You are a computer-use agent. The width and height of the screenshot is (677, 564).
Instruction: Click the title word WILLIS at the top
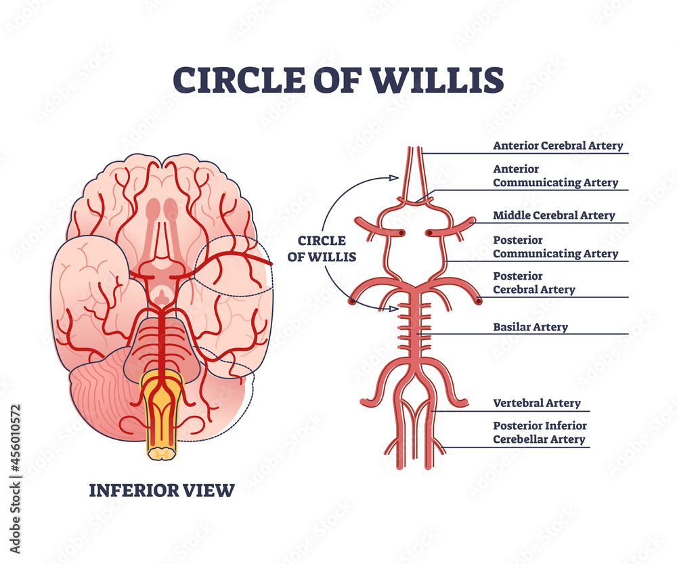point(437,80)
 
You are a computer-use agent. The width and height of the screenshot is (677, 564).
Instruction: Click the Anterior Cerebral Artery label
point(558,146)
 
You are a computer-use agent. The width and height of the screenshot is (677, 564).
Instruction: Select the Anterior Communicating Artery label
point(555,175)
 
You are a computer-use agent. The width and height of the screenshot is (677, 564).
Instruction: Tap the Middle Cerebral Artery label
point(554,215)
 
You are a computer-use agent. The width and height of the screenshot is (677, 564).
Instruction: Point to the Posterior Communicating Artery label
point(555,247)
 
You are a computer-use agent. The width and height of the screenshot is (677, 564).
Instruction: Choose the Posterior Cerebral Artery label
point(534,283)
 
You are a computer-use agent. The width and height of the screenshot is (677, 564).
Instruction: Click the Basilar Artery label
point(530,327)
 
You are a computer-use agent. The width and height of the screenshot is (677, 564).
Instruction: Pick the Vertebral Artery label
point(536,403)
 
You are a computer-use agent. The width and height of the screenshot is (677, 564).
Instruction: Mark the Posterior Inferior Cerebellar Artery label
point(540,433)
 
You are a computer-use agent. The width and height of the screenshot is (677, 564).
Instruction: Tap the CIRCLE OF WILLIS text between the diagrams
point(323,248)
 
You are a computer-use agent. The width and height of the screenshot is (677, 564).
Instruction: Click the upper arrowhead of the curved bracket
point(393,177)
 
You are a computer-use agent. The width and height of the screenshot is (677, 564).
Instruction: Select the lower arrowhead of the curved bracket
point(393,309)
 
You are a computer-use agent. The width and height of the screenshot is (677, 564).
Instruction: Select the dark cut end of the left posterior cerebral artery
point(352,300)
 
